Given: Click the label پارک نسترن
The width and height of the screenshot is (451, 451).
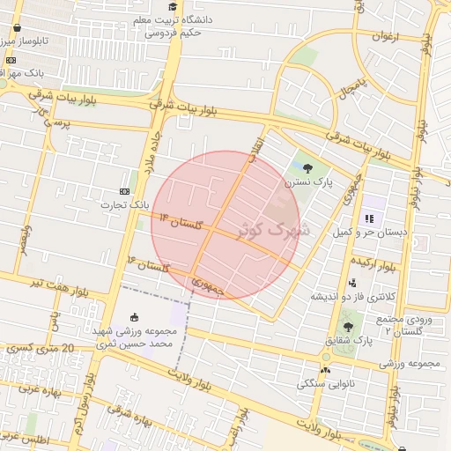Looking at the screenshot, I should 308,184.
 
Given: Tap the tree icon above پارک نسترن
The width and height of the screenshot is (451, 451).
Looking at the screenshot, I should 307,168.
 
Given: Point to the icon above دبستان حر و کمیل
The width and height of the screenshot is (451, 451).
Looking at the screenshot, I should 369,218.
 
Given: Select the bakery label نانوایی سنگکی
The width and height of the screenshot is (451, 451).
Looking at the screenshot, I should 326,384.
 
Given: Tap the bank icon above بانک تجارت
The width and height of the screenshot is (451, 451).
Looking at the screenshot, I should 123,190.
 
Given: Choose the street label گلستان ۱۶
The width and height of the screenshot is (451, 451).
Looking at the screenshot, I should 148,264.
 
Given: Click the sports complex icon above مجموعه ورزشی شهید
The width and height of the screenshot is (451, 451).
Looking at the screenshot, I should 134,317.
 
